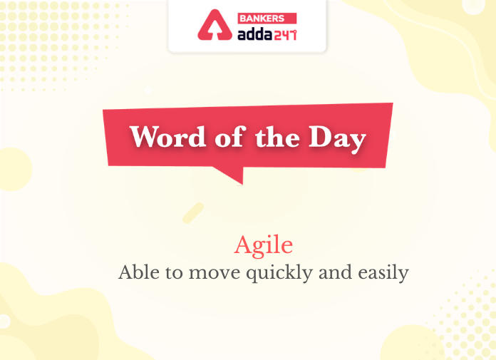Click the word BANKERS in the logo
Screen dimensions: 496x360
click(x=262, y=19)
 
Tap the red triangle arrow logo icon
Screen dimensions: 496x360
click(x=215, y=25)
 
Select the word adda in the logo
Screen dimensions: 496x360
click(x=255, y=34)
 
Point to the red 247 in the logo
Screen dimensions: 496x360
click(x=285, y=35)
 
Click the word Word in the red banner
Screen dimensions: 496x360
click(x=168, y=137)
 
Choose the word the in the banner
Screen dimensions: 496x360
click(x=277, y=137)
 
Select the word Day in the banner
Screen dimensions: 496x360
click(x=338, y=140)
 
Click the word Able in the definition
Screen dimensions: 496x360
click(x=139, y=272)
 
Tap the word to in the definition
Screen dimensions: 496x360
click(x=174, y=273)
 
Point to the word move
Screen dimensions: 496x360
click(x=215, y=274)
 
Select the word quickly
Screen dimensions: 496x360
click(x=279, y=274)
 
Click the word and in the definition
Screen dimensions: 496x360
click(x=336, y=272)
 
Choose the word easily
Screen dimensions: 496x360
click(x=383, y=274)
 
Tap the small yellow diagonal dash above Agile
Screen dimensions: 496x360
click(x=193, y=213)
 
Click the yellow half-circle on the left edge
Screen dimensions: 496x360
click(x=15, y=169)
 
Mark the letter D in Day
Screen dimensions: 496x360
click(x=321, y=137)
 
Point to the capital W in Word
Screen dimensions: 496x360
click(x=147, y=137)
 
